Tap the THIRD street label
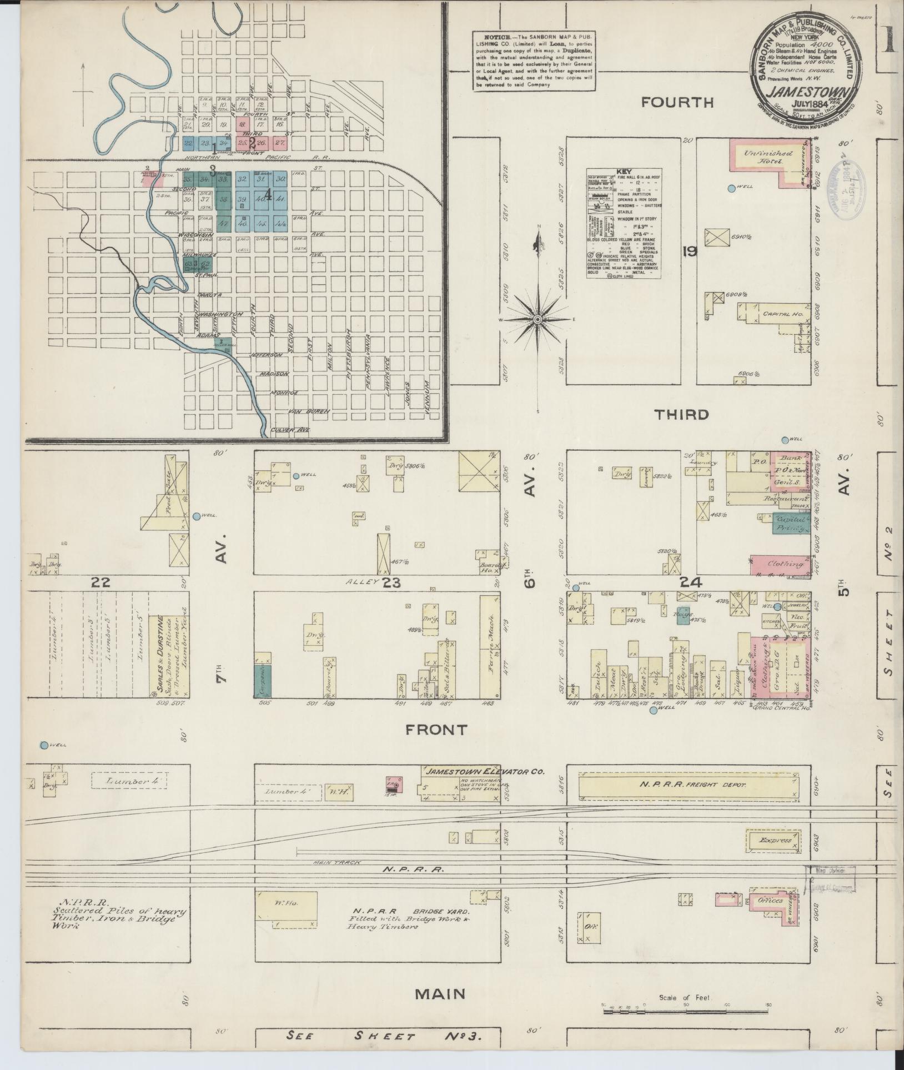(681, 414)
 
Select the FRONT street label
(436, 729)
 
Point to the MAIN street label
(440, 994)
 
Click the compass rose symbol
(538, 320)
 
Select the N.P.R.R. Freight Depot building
(687, 785)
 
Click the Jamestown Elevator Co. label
(485, 771)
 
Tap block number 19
(690, 252)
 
